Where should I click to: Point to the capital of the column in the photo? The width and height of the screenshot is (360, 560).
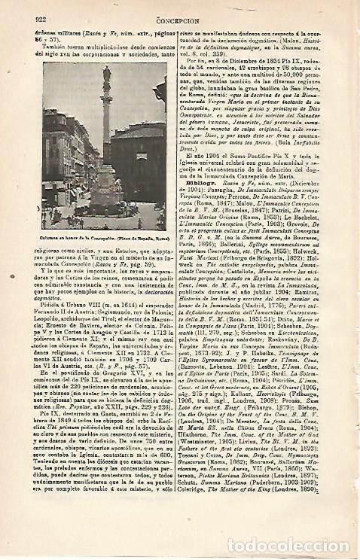(x=107, y=94)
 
